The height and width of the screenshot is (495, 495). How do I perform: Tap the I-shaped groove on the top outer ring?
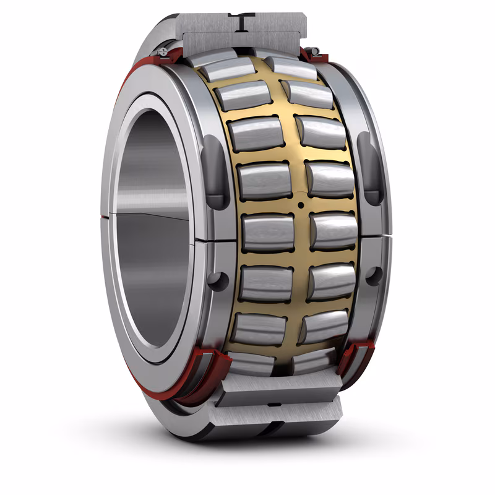coord(243,22)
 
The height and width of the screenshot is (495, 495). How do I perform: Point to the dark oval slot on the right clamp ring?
coord(371,168)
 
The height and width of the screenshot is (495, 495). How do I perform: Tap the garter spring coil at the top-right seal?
coord(314,51)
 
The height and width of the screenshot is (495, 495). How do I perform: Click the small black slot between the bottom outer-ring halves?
coord(273,404)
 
